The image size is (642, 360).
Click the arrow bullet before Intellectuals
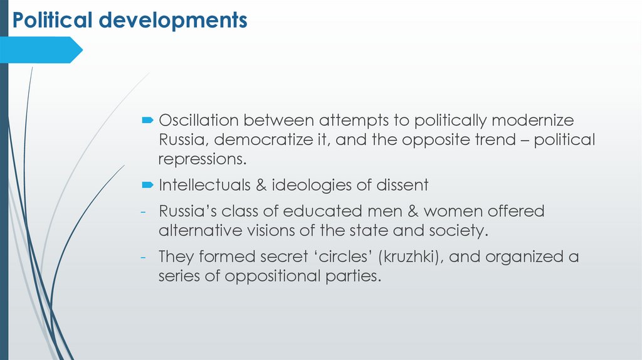click(147, 185)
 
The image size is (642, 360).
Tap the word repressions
click(200, 159)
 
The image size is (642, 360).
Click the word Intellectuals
click(207, 185)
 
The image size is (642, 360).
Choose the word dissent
click(401, 185)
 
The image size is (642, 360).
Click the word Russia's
click(184, 211)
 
